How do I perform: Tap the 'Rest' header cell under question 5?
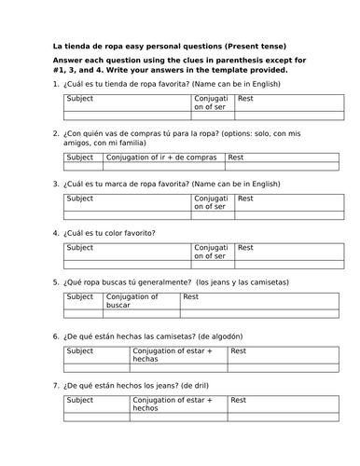point(190,296)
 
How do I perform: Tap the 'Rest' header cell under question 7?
point(239,400)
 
